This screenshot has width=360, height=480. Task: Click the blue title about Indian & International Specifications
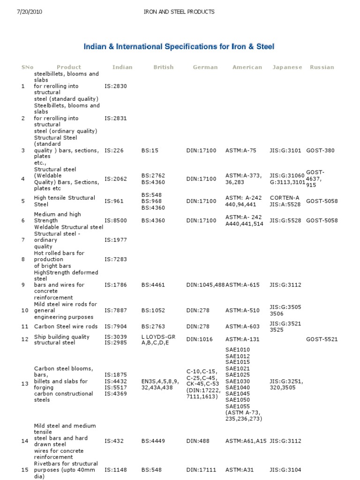(179, 46)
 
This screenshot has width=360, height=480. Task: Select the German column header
(205, 67)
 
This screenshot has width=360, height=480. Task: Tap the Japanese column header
(287, 67)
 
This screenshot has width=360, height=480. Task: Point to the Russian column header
(322, 67)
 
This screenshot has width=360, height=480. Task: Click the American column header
(247, 67)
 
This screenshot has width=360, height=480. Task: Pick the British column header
(163, 67)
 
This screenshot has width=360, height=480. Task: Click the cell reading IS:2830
(116, 86)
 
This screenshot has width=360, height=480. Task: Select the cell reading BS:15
(150, 150)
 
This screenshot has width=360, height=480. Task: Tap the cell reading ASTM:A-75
(241, 150)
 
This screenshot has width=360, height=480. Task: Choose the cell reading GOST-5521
(322, 339)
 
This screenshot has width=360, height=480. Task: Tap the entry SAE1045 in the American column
(238, 394)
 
